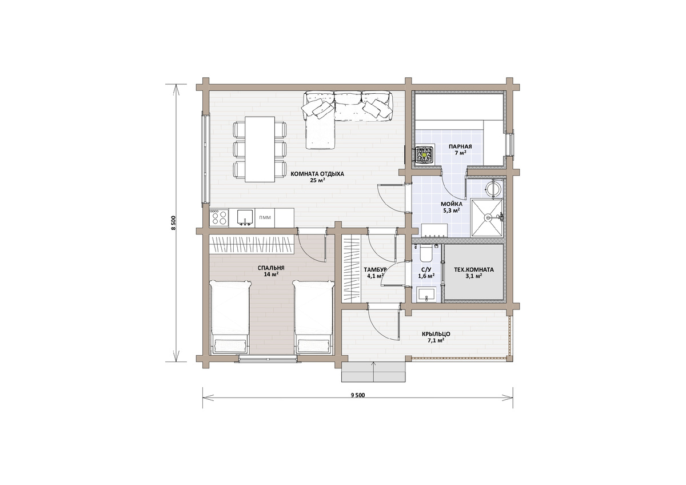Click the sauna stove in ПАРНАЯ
point(424,156)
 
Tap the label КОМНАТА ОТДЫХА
point(317,174)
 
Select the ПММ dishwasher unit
point(265,218)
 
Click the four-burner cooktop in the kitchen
point(220,218)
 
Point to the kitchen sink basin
point(245,217)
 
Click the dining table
point(260,149)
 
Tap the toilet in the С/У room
point(426,253)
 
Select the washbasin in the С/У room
point(425,295)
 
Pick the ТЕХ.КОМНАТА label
point(473,270)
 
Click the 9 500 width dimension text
point(358,395)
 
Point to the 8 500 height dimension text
point(174,223)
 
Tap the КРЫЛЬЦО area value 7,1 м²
point(437,340)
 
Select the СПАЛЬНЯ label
point(271,268)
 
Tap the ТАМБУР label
point(375,269)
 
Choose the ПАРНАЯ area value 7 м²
point(460,153)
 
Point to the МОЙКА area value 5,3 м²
point(452,210)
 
